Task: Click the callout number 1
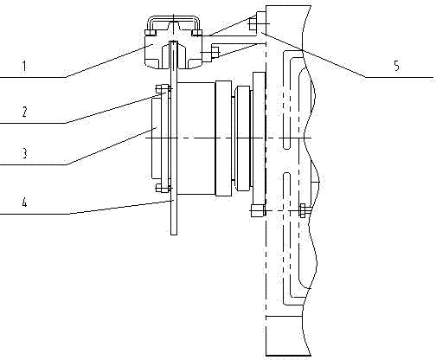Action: [x=24, y=67]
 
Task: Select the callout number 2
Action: [x=24, y=112]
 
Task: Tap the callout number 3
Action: [x=24, y=153]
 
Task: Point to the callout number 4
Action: [x=24, y=202]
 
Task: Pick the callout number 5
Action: [x=397, y=66]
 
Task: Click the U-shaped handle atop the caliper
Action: [x=174, y=19]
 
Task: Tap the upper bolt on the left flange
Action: [x=163, y=89]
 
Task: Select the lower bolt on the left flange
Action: [x=163, y=188]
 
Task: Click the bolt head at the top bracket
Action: [x=253, y=23]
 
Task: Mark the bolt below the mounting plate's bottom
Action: [x=258, y=210]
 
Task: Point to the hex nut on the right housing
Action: [x=303, y=210]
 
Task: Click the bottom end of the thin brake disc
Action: [x=174, y=235]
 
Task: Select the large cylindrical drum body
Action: [x=196, y=138]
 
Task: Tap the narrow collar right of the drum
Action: [x=223, y=138]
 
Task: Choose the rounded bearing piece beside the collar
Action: [x=242, y=138]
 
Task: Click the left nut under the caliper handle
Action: [x=151, y=33]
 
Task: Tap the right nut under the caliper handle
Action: [x=197, y=33]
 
